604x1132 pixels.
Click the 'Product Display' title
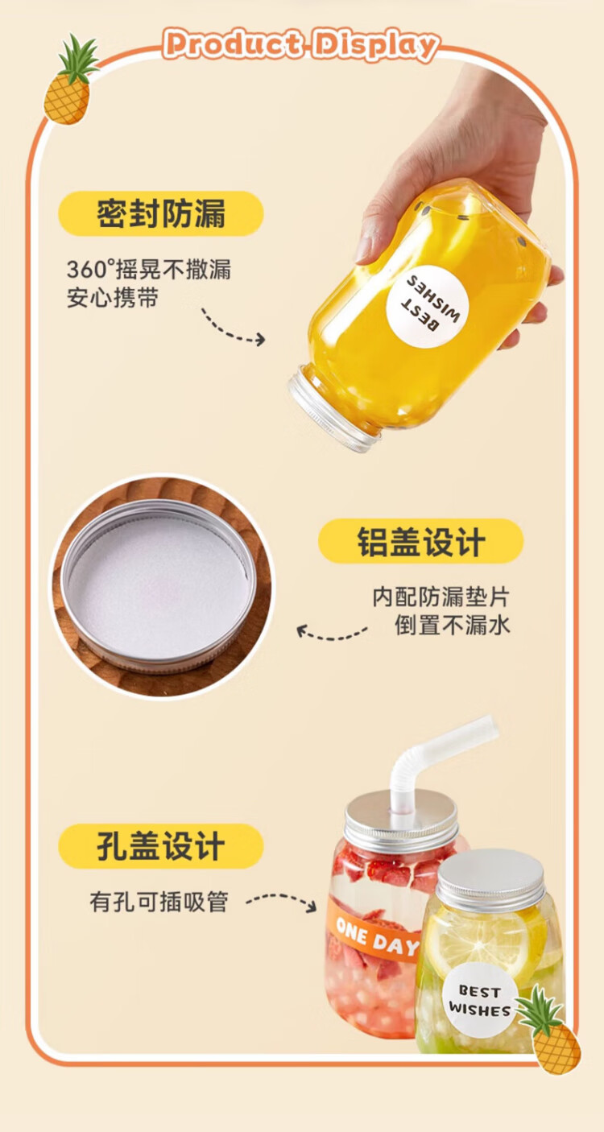(301, 45)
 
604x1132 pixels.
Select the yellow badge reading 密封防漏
(161, 213)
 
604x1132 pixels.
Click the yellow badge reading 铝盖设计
(420, 541)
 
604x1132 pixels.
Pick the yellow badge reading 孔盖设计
(161, 846)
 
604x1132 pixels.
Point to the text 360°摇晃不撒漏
(149, 270)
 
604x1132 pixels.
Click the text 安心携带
(113, 298)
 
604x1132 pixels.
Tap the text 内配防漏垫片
(441, 597)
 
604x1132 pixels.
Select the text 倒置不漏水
(453, 625)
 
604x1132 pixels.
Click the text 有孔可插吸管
(159, 902)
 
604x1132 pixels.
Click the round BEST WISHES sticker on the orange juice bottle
(428, 307)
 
